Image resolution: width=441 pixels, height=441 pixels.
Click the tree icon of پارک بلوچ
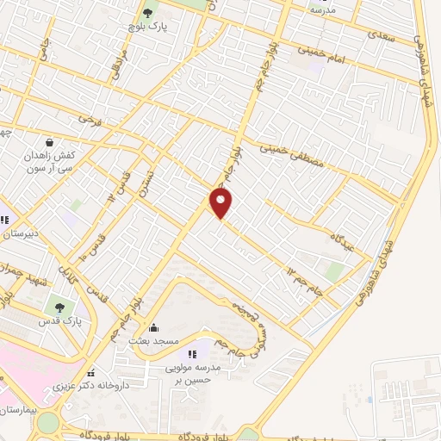point(147,12)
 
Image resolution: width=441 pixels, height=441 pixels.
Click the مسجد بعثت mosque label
point(154,341)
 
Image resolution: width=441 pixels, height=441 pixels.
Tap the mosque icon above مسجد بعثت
point(154,327)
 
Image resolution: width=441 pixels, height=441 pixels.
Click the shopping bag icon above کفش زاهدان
point(50,141)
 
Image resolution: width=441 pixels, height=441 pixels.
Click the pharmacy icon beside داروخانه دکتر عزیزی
point(90,374)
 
